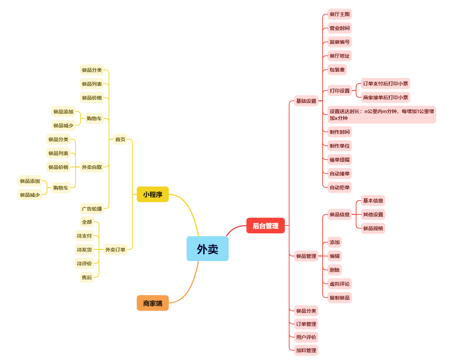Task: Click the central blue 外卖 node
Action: [x=207, y=249]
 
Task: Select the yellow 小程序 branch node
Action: [x=152, y=194]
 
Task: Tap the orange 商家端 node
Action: [x=152, y=303]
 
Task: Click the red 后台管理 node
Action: [x=265, y=226]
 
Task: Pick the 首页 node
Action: [x=120, y=139]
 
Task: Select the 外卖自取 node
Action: [x=92, y=167]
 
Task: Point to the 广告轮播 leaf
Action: [x=92, y=209]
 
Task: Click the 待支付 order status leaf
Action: [x=84, y=236]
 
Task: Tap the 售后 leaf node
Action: [x=87, y=277]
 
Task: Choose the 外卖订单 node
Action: [x=115, y=250]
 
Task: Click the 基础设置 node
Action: [x=306, y=101]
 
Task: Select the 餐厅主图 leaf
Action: [x=340, y=14]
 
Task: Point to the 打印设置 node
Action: [x=340, y=91]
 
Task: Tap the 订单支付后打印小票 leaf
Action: [x=386, y=84]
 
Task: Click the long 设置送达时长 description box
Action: [x=382, y=115]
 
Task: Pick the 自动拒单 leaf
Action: [x=340, y=187]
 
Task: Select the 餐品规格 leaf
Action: [x=373, y=228]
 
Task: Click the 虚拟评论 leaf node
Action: [x=340, y=284]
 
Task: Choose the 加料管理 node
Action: [x=306, y=350]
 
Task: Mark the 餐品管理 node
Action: [x=306, y=256]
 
